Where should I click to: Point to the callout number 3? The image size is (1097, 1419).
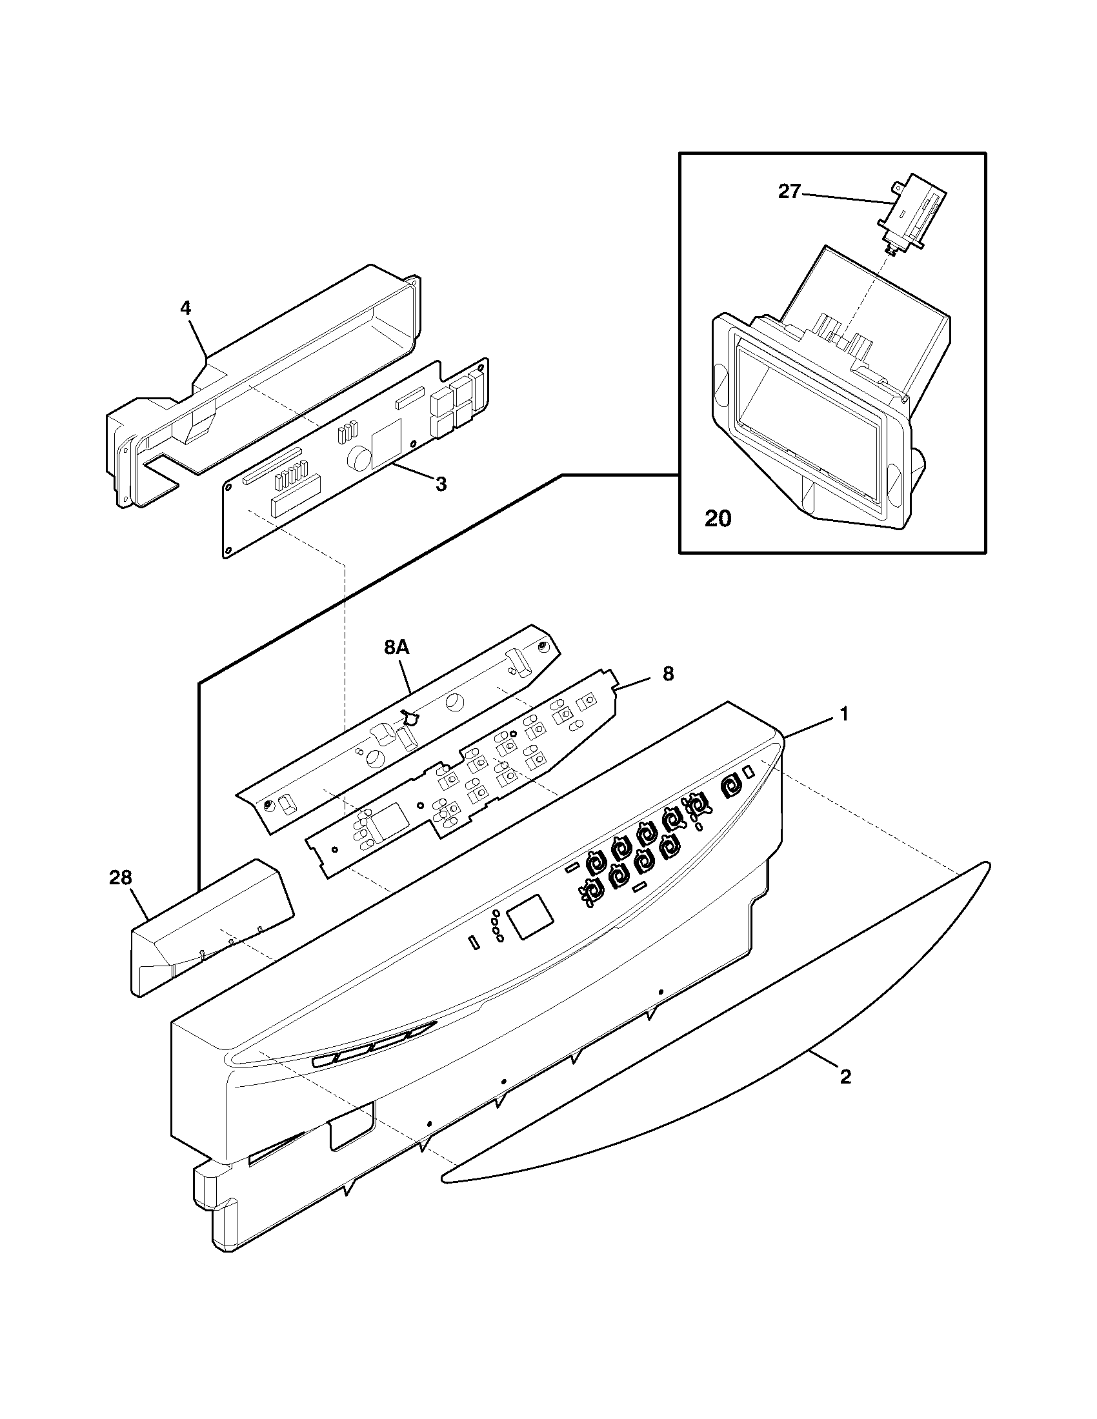pyautogui.click(x=441, y=484)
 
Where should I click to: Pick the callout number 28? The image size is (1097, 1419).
pyautogui.click(x=120, y=878)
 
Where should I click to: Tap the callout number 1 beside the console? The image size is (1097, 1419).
pyautogui.click(x=843, y=714)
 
